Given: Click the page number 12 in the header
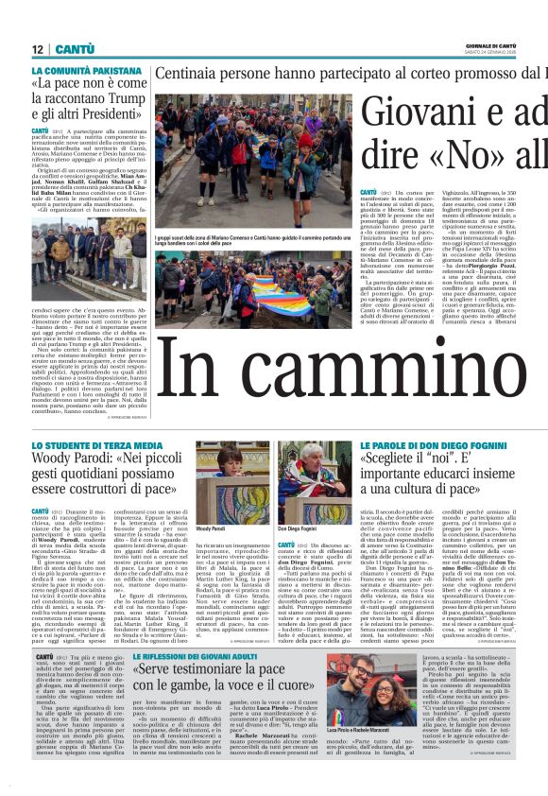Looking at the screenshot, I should pyautogui.click(x=37, y=48).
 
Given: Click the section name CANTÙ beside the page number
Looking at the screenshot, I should pyautogui.click(x=74, y=48).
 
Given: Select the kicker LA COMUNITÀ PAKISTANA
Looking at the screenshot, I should pyautogui.click(x=80, y=71).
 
